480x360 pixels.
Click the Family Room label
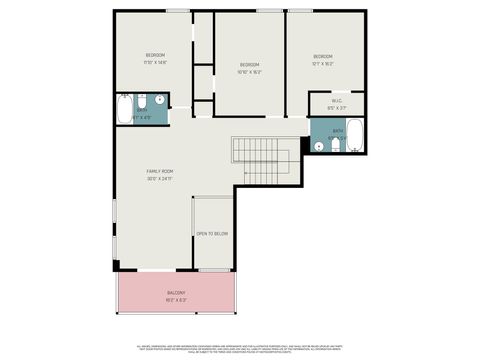[x=160, y=171]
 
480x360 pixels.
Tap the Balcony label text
[x=176, y=292]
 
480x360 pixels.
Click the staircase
[x=266, y=162]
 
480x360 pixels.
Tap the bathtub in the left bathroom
[x=124, y=109]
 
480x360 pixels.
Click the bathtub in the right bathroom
[x=354, y=137]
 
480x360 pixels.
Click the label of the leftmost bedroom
[x=155, y=54]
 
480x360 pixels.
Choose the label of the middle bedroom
[x=249, y=65]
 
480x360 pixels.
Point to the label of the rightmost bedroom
[x=322, y=56]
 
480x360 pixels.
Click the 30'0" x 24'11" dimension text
[x=160, y=179]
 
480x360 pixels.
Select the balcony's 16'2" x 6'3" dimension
[x=176, y=300]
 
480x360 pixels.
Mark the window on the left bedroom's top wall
[x=178, y=11]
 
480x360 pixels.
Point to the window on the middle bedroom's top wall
[x=268, y=11]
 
